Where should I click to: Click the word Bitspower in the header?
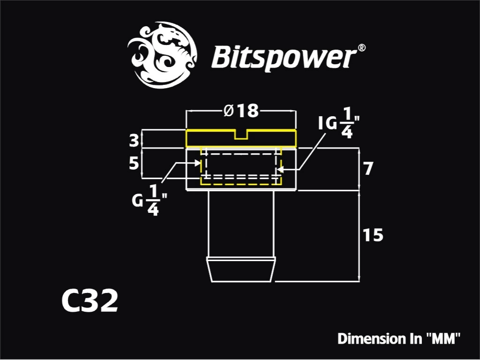(x=284, y=58)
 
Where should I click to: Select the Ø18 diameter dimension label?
(x=241, y=111)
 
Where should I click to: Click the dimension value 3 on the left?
(x=134, y=141)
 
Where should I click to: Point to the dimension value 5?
(x=134, y=164)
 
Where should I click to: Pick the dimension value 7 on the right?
(x=368, y=168)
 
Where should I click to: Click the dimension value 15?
(x=373, y=235)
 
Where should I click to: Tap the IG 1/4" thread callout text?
(x=338, y=123)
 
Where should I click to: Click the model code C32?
(x=90, y=301)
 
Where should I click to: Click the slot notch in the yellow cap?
(x=241, y=135)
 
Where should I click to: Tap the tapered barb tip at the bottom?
(x=241, y=270)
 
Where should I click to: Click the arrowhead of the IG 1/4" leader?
(x=278, y=169)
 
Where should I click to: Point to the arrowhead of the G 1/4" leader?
(x=198, y=163)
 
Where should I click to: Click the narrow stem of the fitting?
(x=241, y=224)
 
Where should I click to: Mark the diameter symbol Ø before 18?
(x=229, y=111)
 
